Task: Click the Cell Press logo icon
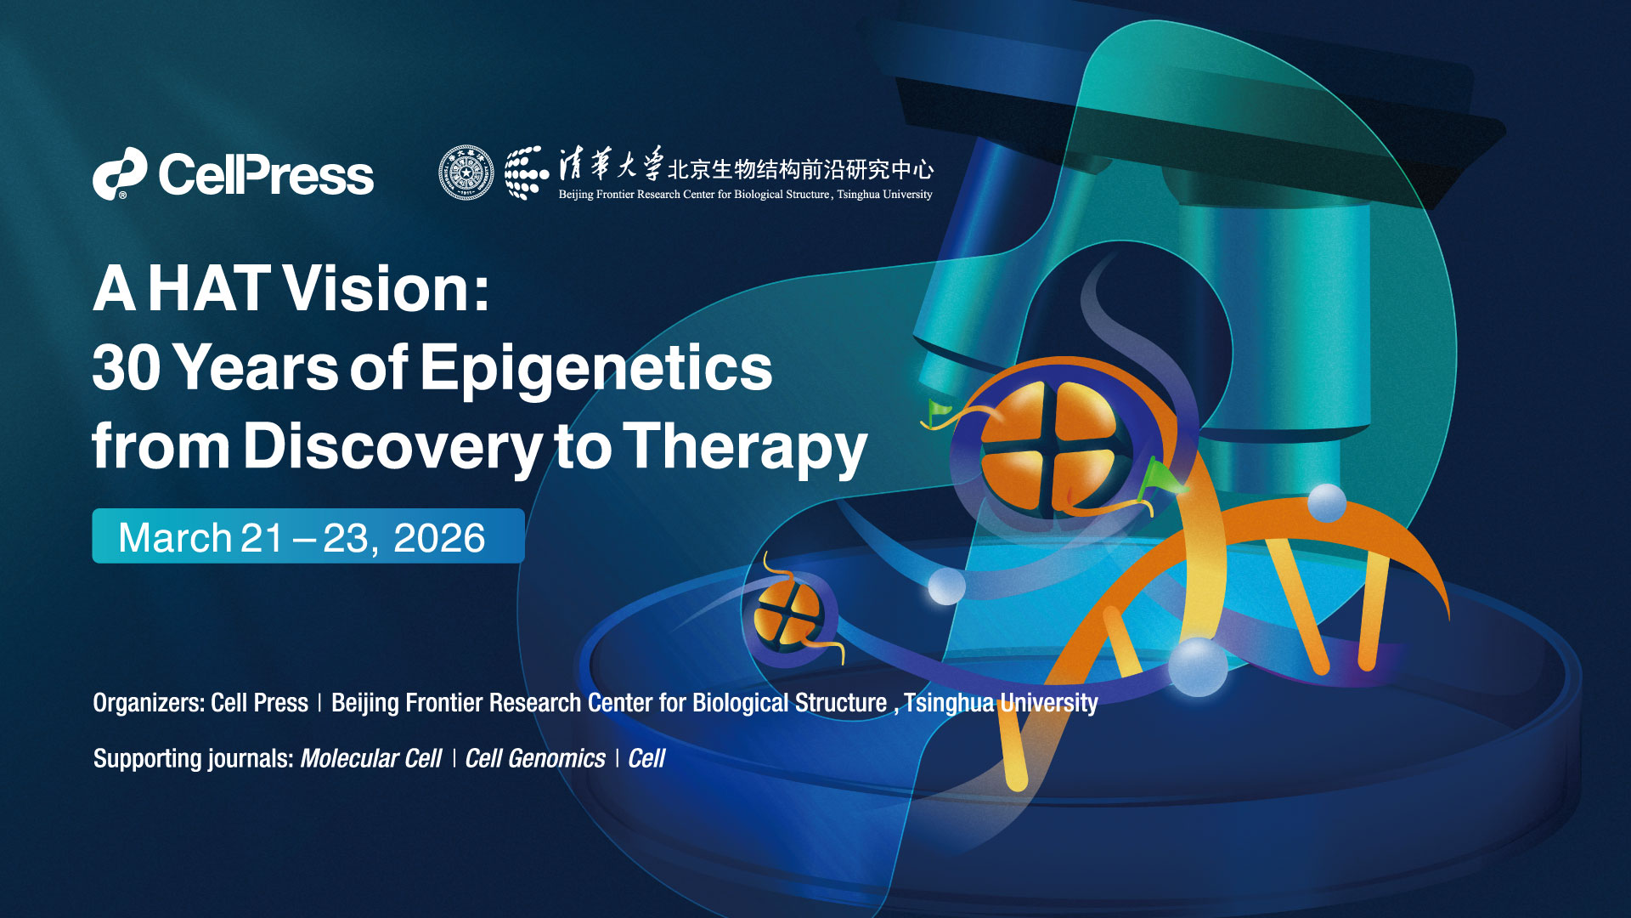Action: click(x=119, y=174)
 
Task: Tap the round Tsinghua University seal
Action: click(x=466, y=173)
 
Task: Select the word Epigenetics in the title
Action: click(x=596, y=367)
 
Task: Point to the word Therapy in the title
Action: click(x=745, y=446)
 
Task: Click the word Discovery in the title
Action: click(x=392, y=446)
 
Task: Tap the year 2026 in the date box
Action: click(x=439, y=538)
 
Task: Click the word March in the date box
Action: click(x=175, y=538)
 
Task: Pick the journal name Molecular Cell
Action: click(x=371, y=758)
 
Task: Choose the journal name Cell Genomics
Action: click(x=535, y=758)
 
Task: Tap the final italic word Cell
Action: click(x=646, y=758)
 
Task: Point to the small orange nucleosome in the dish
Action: click(x=788, y=614)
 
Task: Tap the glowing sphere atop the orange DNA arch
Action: click(x=1326, y=502)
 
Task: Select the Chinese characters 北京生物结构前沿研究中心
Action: click(x=800, y=169)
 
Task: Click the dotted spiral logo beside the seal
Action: click(x=527, y=173)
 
